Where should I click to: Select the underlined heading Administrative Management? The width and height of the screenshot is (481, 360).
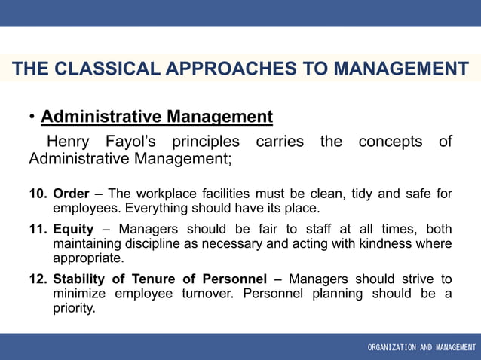tap(157, 117)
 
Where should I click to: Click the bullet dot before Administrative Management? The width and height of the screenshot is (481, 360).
tap(32, 117)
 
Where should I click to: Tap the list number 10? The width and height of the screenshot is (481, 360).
tap(38, 194)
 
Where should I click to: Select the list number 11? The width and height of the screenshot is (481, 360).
tap(38, 229)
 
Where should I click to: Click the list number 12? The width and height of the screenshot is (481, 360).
tap(38, 279)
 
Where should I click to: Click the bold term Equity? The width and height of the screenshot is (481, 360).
tap(73, 229)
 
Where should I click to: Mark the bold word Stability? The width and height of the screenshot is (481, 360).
tap(79, 279)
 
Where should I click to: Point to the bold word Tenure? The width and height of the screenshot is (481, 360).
tap(161, 279)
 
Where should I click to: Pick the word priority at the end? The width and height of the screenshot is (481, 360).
tap(73, 307)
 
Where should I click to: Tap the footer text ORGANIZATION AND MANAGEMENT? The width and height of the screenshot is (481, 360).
tap(421, 347)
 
